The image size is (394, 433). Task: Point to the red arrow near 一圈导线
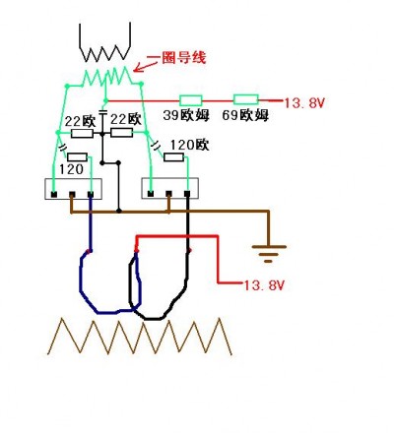(x=147, y=66)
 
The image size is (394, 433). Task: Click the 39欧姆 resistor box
(x=190, y=100)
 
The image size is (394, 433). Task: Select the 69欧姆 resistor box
(x=245, y=99)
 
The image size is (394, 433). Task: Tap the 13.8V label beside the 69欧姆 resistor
(x=304, y=103)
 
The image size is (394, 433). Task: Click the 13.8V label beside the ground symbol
(x=263, y=285)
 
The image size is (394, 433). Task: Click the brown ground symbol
(x=269, y=254)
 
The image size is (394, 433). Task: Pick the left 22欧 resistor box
(x=82, y=133)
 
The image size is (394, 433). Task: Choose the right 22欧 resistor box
(x=121, y=133)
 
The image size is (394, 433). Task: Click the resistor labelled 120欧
(x=173, y=157)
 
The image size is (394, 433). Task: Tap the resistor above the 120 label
(x=77, y=157)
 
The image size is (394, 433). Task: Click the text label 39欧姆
(x=186, y=115)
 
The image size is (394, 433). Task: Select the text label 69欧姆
(x=245, y=115)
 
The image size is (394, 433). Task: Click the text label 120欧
(x=189, y=145)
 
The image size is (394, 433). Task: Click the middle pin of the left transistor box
(x=72, y=195)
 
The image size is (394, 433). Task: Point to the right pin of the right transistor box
(x=187, y=194)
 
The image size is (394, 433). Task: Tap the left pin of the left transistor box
(x=54, y=195)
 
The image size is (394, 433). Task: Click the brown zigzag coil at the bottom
(x=140, y=337)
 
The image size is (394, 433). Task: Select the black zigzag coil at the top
(x=105, y=42)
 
